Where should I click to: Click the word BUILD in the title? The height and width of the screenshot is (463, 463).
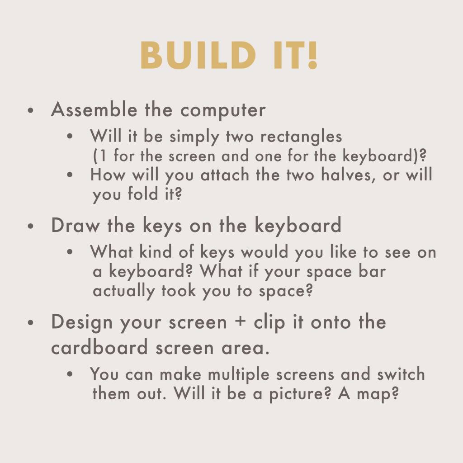click(x=198, y=55)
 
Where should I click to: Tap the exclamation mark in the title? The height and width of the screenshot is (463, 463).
click(x=313, y=55)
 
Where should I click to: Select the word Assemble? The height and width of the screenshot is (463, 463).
click(x=94, y=109)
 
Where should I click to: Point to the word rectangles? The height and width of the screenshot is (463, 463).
click(x=301, y=137)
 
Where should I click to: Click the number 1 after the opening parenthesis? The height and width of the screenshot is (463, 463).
click(x=103, y=156)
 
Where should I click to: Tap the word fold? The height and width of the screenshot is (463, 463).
click(x=143, y=194)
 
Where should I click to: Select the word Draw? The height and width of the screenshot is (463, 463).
click(x=76, y=225)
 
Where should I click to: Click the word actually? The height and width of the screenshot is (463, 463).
click(x=124, y=291)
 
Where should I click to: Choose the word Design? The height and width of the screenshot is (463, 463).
click(x=82, y=322)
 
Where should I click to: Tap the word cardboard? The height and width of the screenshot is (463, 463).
click(x=99, y=347)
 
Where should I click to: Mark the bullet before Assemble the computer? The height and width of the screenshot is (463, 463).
click(x=31, y=111)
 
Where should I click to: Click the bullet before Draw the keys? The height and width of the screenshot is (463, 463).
click(x=31, y=227)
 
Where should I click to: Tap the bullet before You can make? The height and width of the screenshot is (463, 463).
click(x=70, y=374)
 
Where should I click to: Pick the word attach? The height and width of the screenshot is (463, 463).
click(x=225, y=175)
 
